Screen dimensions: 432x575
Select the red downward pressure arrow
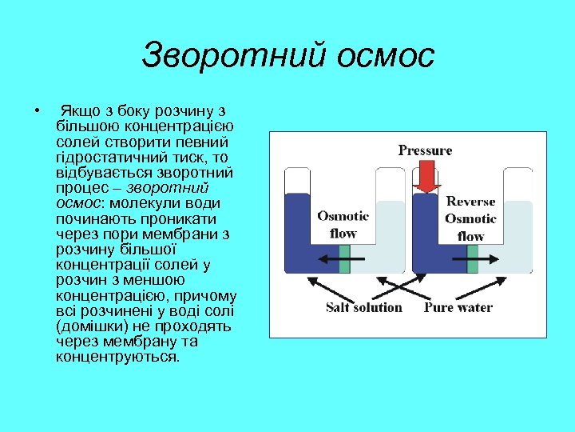[426, 176]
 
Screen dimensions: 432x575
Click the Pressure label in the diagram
[425, 150]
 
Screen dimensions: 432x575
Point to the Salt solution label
[363, 307]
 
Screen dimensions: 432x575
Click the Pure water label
[458, 307]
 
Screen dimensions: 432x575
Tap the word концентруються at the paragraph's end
[117, 357]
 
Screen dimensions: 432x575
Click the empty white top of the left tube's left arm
[298, 181]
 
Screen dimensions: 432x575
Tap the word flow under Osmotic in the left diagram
[343, 234]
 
